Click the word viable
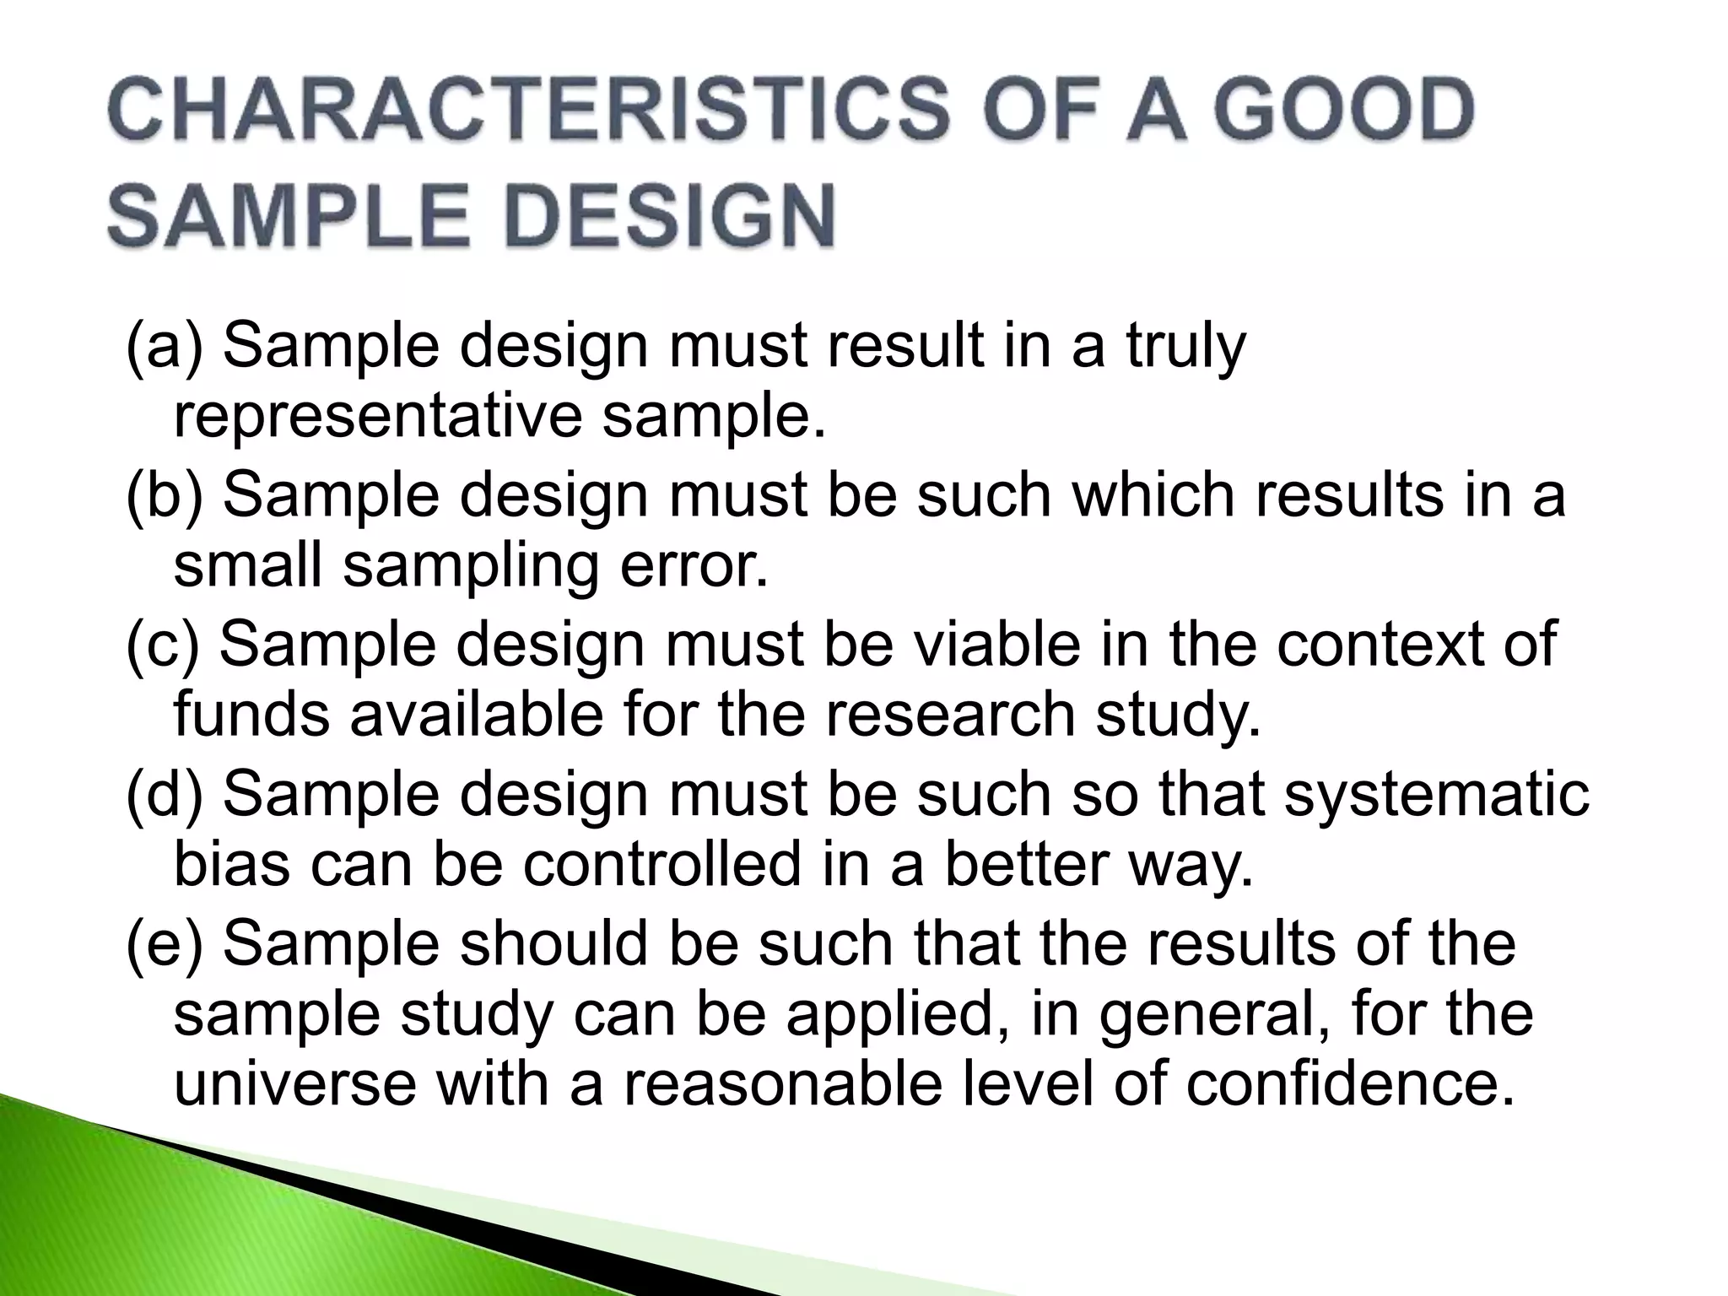click(995, 645)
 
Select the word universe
click(295, 1084)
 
